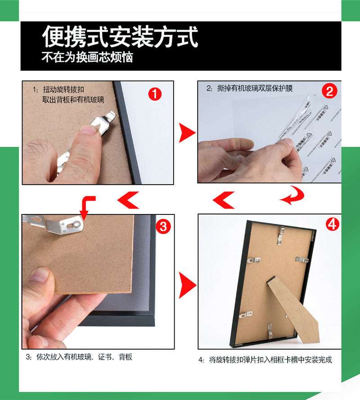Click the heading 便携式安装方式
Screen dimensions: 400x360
click(x=120, y=37)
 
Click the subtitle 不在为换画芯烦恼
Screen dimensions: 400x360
click(x=87, y=58)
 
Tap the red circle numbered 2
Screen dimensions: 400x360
click(x=329, y=91)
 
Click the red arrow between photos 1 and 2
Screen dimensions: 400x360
click(x=187, y=133)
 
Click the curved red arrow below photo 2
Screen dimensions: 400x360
click(x=292, y=195)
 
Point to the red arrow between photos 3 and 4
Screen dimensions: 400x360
click(x=187, y=284)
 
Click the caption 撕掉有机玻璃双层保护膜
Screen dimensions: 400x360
click(x=250, y=88)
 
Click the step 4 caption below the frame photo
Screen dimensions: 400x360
click(x=265, y=360)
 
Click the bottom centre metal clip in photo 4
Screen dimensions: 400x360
click(x=270, y=331)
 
